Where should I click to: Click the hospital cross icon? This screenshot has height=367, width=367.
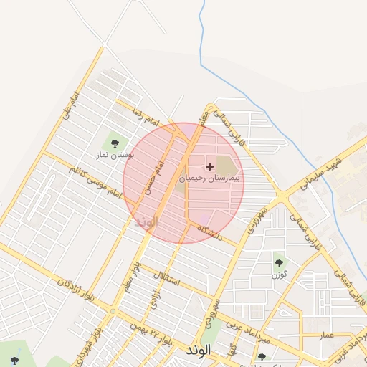click(x=209, y=166)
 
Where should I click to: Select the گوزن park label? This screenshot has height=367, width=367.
click(x=279, y=274)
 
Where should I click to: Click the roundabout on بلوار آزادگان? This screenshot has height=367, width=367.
click(x=113, y=311)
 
